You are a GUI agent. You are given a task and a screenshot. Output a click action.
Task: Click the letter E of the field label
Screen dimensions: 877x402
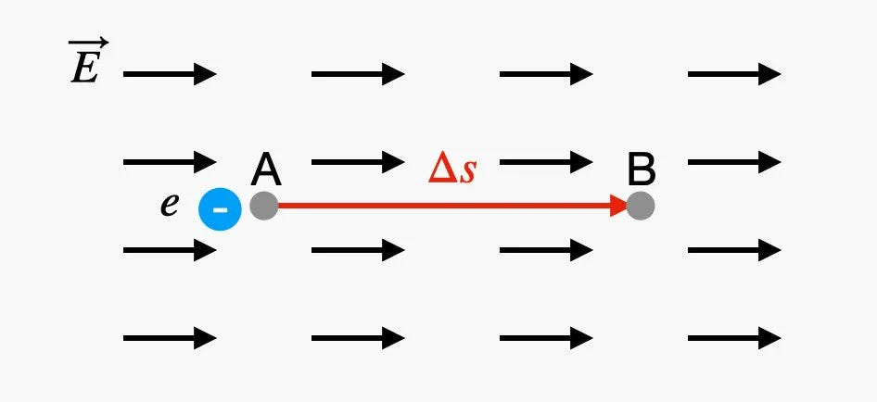tap(85, 69)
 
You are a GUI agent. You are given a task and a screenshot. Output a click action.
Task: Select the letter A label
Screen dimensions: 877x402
tap(266, 170)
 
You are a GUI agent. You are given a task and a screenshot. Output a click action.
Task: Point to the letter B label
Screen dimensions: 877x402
tap(641, 170)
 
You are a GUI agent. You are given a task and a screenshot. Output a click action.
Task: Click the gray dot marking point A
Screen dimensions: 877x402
tap(264, 206)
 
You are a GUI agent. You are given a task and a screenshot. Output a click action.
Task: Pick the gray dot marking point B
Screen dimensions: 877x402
tap(641, 206)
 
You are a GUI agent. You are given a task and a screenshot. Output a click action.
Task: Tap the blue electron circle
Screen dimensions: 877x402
tap(220, 209)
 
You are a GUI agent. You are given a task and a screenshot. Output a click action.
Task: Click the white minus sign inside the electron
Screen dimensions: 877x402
tap(221, 209)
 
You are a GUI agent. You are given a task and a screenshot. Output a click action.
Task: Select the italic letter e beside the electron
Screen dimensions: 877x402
tap(170, 206)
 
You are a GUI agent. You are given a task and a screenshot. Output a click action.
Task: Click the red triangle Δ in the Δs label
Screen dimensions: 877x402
tap(442, 170)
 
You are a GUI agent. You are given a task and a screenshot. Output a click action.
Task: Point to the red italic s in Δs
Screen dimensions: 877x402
tap(467, 173)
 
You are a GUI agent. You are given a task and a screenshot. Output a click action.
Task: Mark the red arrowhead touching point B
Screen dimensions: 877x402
tap(619, 206)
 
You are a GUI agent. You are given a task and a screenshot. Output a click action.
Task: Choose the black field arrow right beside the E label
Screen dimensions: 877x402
tap(170, 74)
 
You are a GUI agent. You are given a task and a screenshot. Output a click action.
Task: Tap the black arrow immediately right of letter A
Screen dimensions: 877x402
tap(358, 162)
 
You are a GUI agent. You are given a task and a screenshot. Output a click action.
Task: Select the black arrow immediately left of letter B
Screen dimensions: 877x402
tap(546, 162)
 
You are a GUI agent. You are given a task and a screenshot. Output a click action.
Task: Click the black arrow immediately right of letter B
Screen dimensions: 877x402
tap(734, 162)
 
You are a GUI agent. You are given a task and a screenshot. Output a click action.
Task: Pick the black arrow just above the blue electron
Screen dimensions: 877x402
tap(170, 162)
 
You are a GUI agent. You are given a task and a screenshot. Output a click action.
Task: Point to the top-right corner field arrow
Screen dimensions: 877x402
tap(734, 74)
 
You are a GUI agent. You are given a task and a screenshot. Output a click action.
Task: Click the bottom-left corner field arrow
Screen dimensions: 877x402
tap(170, 338)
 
